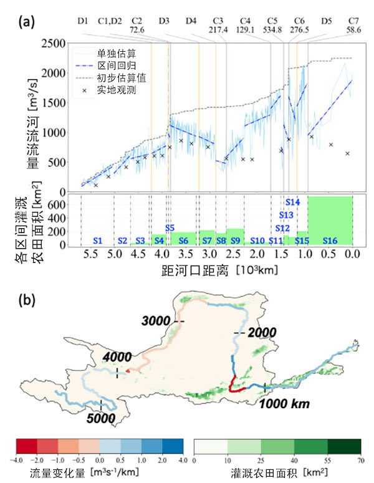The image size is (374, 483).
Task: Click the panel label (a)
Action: click(x=27, y=24)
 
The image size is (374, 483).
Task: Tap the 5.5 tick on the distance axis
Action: click(x=91, y=254)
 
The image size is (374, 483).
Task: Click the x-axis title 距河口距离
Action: click(x=187, y=272)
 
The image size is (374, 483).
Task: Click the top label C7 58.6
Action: click(x=353, y=25)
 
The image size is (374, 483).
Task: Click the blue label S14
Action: click(x=293, y=202)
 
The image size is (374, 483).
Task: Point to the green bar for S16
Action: click(x=330, y=218)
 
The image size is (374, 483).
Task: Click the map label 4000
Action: click(x=117, y=357)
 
